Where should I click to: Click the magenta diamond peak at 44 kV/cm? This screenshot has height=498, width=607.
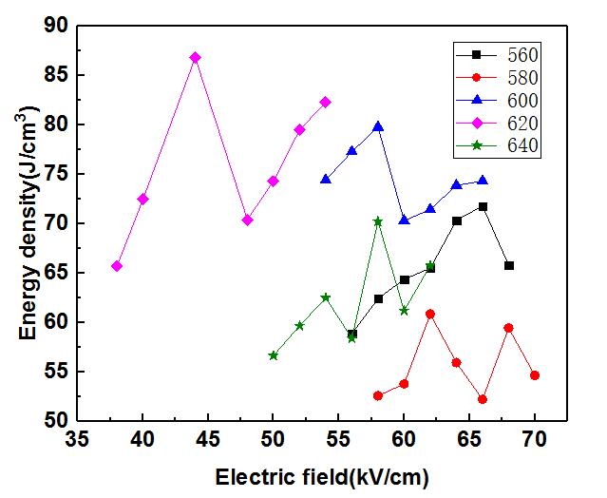(x=195, y=57)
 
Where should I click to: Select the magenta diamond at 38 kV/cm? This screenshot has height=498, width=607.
(x=117, y=266)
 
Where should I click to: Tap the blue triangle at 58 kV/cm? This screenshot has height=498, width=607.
(x=378, y=125)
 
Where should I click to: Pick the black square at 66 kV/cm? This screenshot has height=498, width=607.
(x=483, y=206)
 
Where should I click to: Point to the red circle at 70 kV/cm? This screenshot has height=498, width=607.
(x=535, y=375)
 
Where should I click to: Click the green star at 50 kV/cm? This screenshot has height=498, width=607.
(x=274, y=355)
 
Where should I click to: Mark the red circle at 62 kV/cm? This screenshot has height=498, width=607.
(x=430, y=314)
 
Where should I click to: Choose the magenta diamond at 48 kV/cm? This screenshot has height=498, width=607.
(x=247, y=220)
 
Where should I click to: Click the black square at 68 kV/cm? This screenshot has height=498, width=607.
(x=509, y=265)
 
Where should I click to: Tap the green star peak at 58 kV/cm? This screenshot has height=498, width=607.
(x=378, y=220)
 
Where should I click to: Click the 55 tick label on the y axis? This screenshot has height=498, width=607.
(x=55, y=372)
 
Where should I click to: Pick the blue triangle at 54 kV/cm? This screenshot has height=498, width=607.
(x=326, y=179)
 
